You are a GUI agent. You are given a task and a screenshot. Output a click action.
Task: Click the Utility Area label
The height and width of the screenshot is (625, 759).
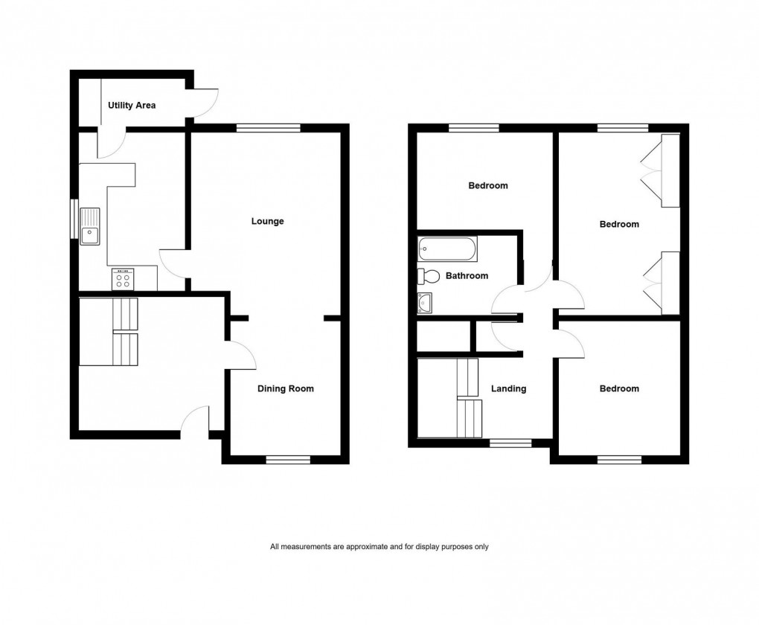point(131,106)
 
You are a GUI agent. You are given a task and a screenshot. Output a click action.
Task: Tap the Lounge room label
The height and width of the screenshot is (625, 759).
point(267,221)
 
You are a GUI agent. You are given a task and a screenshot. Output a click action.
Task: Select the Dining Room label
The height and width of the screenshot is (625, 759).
point(286,388)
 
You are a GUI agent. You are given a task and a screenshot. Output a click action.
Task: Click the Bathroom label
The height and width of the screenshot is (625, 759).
point(467,276)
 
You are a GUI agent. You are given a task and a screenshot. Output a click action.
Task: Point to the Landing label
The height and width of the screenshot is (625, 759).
point(509,388)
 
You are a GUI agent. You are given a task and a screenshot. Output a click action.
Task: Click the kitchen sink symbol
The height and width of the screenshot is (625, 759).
point(91,225)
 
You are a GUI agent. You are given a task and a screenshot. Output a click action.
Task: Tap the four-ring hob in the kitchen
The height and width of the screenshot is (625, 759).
point(123,279)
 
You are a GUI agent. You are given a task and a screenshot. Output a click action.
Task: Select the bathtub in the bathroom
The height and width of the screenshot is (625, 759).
point(447,249)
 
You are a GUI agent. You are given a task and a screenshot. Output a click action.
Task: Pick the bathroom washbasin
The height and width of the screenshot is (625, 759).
point(426,302)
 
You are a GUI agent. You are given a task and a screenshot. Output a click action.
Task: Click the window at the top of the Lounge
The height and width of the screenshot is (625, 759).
point(269,128)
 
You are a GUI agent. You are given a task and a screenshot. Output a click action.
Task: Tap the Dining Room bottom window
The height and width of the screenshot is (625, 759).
point(289,460)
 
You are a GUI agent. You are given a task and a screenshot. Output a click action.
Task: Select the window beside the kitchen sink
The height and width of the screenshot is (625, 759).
point(74,219)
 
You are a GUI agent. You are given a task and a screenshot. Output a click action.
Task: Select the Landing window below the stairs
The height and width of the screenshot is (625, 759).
point(510,443)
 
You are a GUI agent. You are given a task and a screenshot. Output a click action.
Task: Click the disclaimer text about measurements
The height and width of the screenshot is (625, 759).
point(379,547)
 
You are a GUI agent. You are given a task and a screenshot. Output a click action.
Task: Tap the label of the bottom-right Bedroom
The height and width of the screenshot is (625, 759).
point(619,388)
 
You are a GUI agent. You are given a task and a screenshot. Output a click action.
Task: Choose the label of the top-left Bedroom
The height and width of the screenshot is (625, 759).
point(488,185)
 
